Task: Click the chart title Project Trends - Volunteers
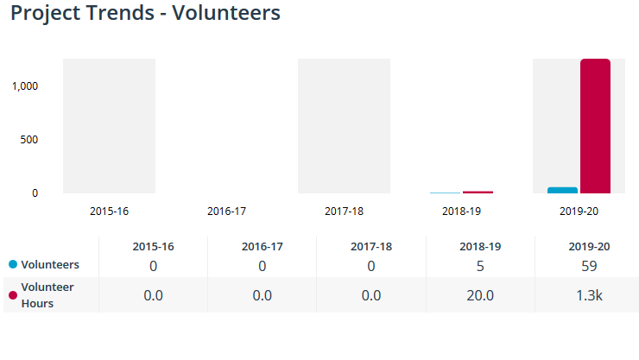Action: pyautogui.click(x=145, y=15)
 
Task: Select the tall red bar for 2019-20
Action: pyautogui.click(x=595, y=126)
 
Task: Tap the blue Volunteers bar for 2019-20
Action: pyautogui.click(x=562, y=190)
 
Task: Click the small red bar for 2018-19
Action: pyautogui.click(x=478, y=192)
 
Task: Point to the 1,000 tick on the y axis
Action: pyautogui.click(x=24, y=85)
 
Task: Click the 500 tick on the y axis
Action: pyautogui.click(x=29, y=139)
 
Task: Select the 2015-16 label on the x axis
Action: pyautogui.click(x=109, y=211)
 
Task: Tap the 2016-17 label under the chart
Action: pyautogui.click(x=227, y=211)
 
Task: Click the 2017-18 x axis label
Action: pyautogui.click(x=344, y=211)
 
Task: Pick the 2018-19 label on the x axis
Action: pyautogui.click(x=461, y=211)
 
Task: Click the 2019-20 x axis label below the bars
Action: pyautogui.click(x=579, y=211)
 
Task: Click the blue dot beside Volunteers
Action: pyautogui.click(x=13, y=265)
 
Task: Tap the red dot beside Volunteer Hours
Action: pyautogui.click(x=13, y=295)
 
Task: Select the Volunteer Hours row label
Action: pyautogui.click(x=47, y=295)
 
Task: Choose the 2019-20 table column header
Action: pyautogui.click(x=590, y=247)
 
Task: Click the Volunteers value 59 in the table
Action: pyautogui.click(x=590, y=266)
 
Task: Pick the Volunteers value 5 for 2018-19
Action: pyautogui.click(x=480, y=266)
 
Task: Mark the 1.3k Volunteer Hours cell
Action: pyautogui.click(x=590, y=295)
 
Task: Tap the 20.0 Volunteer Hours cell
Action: pyautogui.click(x=480, y=295)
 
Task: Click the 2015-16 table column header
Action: pyautogui.click(x=153, y=247)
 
